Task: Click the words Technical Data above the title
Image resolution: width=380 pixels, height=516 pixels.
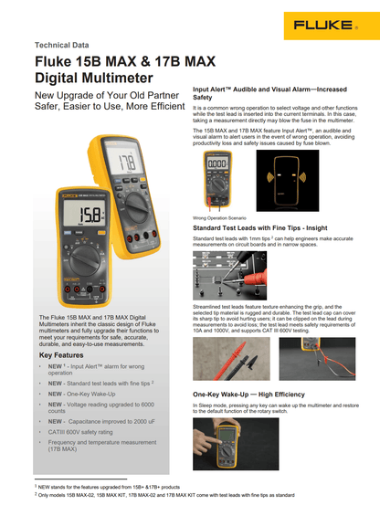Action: click(x=63, y=45)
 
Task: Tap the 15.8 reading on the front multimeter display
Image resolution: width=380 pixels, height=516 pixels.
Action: click(x=91, y=216)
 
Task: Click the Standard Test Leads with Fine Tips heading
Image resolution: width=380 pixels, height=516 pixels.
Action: click(x=259, y=228)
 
